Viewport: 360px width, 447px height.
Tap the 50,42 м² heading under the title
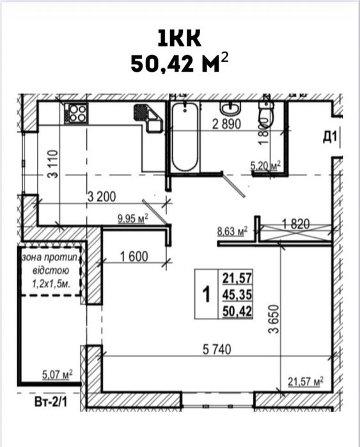[x=180, y=63]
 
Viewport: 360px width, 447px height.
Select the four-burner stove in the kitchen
[x=76, y=113]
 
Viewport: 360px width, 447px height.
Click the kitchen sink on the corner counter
[x=148, y=118]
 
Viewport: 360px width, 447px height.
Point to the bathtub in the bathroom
[x=185, y=137]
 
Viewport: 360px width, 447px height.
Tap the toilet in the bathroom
[x=266, y=112]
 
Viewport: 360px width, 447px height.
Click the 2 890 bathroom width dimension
[x=227, y=124]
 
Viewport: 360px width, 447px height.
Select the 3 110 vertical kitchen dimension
[x=53, y=164]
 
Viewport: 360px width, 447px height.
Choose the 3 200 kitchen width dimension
[x=102, y=197]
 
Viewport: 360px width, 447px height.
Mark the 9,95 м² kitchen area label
[x=133, y=219]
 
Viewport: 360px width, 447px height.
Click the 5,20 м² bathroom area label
[x=265, y=165]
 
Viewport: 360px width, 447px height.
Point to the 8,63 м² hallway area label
[x=232, y=231]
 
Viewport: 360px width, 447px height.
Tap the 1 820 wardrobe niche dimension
[x=295, y=224]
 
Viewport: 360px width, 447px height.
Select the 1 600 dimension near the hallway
[x=134, y=256]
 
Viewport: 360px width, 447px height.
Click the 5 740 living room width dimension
[x=217, y=350]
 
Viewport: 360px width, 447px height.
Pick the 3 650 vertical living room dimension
[x=273, y=319]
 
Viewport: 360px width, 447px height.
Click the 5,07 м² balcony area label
[x=58, y=374]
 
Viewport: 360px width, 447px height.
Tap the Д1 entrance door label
[x=330, y=137]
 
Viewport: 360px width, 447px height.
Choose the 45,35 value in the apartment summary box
[x=237, y=295]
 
